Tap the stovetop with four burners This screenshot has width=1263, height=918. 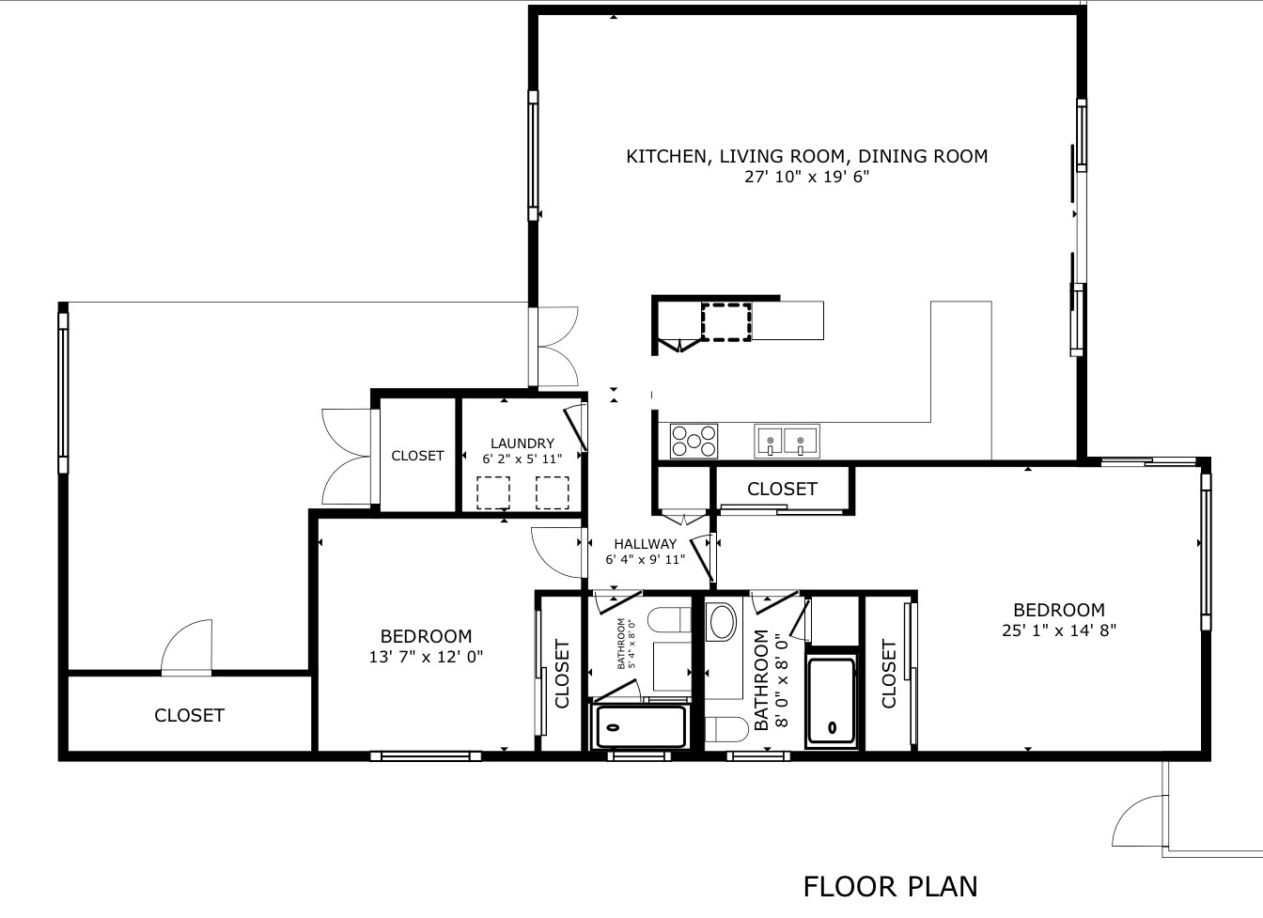694,441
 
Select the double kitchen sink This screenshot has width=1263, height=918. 787,441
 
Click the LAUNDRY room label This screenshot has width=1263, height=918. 522,443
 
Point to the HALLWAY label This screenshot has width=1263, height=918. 645,544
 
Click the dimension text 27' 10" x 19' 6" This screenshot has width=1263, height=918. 807,177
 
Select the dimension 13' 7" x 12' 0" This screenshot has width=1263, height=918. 427,657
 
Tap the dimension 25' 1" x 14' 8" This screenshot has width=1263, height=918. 1059,630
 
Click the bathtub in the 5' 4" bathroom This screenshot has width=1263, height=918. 641,726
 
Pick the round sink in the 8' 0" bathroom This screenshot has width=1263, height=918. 723,622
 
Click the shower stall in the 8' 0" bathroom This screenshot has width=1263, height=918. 832,702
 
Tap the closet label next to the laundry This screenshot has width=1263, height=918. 417,456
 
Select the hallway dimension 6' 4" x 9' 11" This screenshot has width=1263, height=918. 645,559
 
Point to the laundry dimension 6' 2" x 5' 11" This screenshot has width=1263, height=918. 522,459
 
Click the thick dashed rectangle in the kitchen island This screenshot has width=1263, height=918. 726,322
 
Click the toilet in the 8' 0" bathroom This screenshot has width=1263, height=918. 726,730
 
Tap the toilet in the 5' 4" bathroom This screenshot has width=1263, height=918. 669,620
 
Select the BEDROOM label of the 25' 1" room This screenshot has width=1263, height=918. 1059,610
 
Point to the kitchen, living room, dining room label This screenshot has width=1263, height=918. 807,156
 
